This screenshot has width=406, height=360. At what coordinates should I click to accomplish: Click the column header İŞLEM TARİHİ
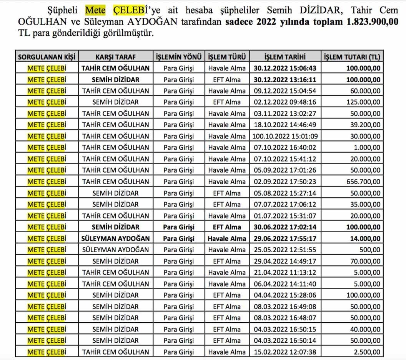[285, 57]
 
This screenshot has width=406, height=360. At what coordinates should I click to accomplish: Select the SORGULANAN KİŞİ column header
[47, 57]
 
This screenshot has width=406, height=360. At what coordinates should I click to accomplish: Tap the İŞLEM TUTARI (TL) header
[351, 57]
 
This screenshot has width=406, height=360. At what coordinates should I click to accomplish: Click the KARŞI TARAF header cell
[115, 57]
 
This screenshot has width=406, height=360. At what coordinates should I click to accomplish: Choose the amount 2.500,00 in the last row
[368, 352]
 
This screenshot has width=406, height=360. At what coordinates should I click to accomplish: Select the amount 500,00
[372, 250]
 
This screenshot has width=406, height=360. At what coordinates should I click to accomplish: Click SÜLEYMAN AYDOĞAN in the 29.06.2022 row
[115, 238]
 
